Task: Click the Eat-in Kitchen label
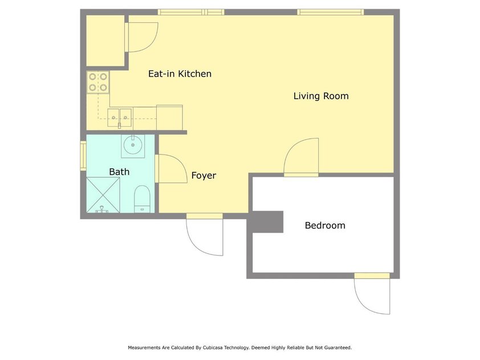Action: [180, 74]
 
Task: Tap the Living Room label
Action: [321, 96]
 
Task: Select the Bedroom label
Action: [325, 225]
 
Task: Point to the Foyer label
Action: [204, 176]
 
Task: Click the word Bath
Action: [119, 172]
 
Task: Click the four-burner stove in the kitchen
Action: [98, 82]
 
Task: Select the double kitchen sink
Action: [119, 118]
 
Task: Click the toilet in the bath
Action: [143, 199]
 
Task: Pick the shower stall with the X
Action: [103, 195]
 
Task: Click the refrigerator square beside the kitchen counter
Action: [169, 118]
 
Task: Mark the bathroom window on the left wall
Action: [83, 155]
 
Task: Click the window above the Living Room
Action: [331, 12]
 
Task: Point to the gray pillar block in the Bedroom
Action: [265, 222]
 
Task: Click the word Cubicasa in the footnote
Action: [213, 348]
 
